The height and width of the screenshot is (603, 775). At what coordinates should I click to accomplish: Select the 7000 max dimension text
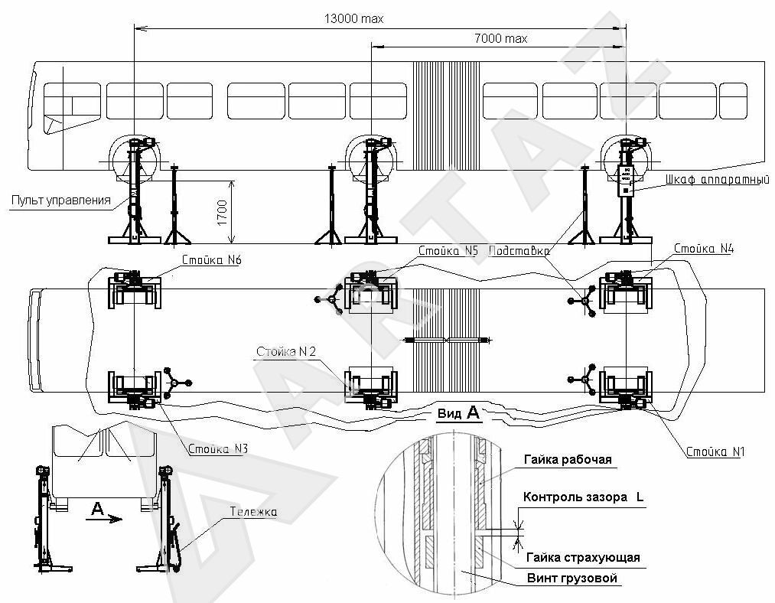pos(501,37)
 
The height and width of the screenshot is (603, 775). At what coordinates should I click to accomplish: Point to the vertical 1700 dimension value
pos(222,212)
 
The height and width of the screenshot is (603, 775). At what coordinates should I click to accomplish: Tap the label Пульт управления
pos(60,200)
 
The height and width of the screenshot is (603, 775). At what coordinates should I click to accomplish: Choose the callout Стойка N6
pos(211,260)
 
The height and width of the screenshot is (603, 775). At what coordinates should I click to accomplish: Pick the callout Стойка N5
pos(448,250)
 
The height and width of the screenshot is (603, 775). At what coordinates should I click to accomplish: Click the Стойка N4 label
pos(703,249)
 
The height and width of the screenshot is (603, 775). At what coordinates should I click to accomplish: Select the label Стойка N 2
pos(286,352)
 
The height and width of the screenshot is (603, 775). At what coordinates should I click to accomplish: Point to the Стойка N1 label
pos(715,452)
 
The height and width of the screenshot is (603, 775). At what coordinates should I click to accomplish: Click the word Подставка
pos(519,250)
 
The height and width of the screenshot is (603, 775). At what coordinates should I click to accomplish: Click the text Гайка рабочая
pos(568,459)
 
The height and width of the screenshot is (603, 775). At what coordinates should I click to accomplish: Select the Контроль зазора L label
pos(583,497)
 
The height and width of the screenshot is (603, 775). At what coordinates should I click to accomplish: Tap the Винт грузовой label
pos(571,578)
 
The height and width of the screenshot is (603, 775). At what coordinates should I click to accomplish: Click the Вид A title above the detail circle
pos(458,413)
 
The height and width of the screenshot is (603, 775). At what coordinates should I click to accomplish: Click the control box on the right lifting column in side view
pos(627,180)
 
